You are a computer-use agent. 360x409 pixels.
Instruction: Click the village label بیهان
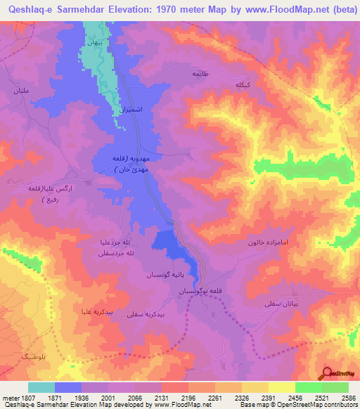pyautogui.click(x=94, y=42)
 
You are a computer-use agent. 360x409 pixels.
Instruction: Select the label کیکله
pyautogui.click(x=243, y=84)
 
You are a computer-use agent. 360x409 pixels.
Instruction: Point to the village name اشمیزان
pyautogui.click(x=129, y=110)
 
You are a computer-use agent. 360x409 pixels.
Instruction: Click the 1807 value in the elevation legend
pyautogui.click(x=20, y=398)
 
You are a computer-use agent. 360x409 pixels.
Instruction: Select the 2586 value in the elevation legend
pyautogui.click(x=348, y=398)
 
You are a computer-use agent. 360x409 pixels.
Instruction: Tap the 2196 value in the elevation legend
pyautogui.click(x=188, y=398)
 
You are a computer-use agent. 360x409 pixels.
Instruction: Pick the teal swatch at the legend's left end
pyautogui.click(x=41, y=387)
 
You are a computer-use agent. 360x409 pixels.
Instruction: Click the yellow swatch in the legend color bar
pyautogui.click(x=281, y=387)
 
